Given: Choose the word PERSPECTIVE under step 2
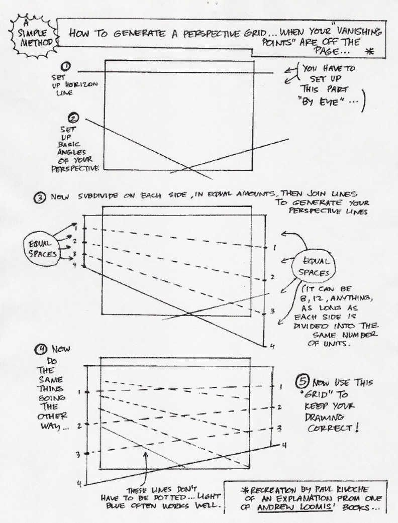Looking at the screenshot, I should pos(75,168).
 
